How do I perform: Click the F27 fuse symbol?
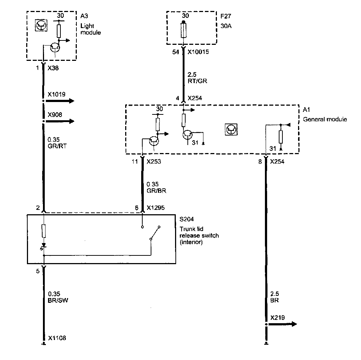click(x=184, y=31)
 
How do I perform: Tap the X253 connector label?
click(x=154, y=161)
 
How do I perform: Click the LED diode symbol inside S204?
click(x=44, y=246)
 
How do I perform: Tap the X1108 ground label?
click(x=57, y=338)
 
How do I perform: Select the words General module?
click(x=325, y=119)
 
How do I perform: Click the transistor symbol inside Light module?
click(x=55, y=47)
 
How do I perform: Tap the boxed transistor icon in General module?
click(x=231, y=129)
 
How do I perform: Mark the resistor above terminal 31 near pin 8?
click(x=281, y=137)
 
